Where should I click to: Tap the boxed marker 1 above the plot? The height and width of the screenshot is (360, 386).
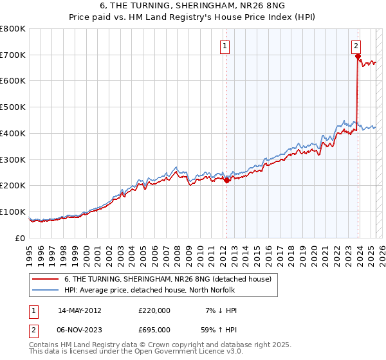click(226, 46)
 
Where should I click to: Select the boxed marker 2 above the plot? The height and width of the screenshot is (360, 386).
click(356, 46)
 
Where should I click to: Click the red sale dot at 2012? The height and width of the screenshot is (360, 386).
click(226, 180)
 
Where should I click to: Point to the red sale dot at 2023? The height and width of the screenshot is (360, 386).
click(357, 57)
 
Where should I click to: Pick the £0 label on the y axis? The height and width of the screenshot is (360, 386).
click(21, 238)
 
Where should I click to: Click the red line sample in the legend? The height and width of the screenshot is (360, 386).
click(45, 279)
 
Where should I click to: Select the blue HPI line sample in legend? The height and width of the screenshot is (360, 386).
click(45, 290)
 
